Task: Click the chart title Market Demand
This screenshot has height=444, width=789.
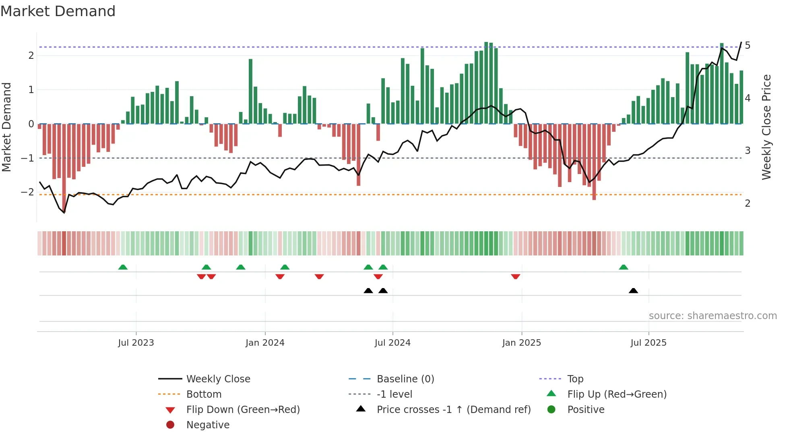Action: tap(58, 11)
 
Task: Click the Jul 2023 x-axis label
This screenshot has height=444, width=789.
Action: tap(136, 343)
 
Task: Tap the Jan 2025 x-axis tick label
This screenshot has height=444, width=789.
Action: tap(521, 343)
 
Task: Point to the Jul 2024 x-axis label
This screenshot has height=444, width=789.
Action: tap(392, 343)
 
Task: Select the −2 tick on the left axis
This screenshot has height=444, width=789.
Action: tap(27, 192)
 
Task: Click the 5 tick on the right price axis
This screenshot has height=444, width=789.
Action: tap(748, 46)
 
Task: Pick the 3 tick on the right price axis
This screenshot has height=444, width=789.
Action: tap(748, 151)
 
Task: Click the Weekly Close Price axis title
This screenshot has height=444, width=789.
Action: tap(766, 127)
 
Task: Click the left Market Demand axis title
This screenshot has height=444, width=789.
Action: tap(6, 127)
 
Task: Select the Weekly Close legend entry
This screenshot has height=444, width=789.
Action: tap(218, 379)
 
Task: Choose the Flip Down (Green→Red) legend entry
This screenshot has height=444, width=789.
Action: tap(243, 410)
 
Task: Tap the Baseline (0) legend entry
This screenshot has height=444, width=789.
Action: tap(405, 379)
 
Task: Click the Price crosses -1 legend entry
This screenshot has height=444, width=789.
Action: tap(453, 410)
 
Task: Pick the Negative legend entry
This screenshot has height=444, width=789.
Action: tap(208, 425)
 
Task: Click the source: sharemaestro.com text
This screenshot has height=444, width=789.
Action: tap(713, 316)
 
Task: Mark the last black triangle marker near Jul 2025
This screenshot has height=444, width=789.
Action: tap(633, 291)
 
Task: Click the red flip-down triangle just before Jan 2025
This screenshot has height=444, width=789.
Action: tap(515, 276)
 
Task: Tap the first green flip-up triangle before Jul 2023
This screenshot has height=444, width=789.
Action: tap(123, 267)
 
